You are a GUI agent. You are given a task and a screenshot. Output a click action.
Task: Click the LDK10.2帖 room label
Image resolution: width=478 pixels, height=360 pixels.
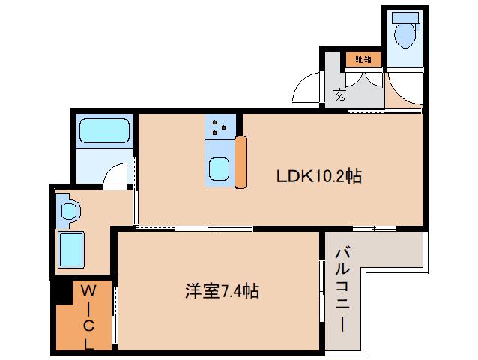pos(319,176)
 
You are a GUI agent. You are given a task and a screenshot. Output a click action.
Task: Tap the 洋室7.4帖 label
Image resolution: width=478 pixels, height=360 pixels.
pos(223,291)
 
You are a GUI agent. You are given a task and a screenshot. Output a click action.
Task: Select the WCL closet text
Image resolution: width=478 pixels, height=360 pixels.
pos(88,317)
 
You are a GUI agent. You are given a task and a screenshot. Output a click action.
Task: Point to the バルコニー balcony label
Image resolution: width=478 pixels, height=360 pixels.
pos(343,290)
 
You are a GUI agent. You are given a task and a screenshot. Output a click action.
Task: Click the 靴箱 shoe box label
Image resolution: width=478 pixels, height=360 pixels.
pos(363,59)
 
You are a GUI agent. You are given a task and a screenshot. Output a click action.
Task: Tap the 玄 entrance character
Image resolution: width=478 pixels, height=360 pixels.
pos(339,95)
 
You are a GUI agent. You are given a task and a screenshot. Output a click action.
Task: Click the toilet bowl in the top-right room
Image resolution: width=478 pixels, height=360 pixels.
pos(405,36)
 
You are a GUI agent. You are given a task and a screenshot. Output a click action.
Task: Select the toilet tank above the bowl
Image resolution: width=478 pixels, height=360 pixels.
pos(405,18)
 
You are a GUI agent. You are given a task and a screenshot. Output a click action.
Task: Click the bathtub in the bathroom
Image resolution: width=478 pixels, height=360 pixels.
pos(104,130)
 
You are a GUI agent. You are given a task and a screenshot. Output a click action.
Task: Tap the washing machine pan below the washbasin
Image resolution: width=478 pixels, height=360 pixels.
pos(71,250)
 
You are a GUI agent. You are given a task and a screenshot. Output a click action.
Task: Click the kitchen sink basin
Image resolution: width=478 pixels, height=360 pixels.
pos(220,169)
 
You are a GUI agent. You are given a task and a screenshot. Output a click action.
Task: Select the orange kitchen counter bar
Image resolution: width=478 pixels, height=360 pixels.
pos(240,162)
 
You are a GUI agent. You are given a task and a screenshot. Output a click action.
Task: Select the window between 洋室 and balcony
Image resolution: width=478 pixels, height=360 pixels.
pos(322,291)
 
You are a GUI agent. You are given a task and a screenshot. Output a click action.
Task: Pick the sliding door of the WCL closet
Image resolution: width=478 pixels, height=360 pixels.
pos(115,315)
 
